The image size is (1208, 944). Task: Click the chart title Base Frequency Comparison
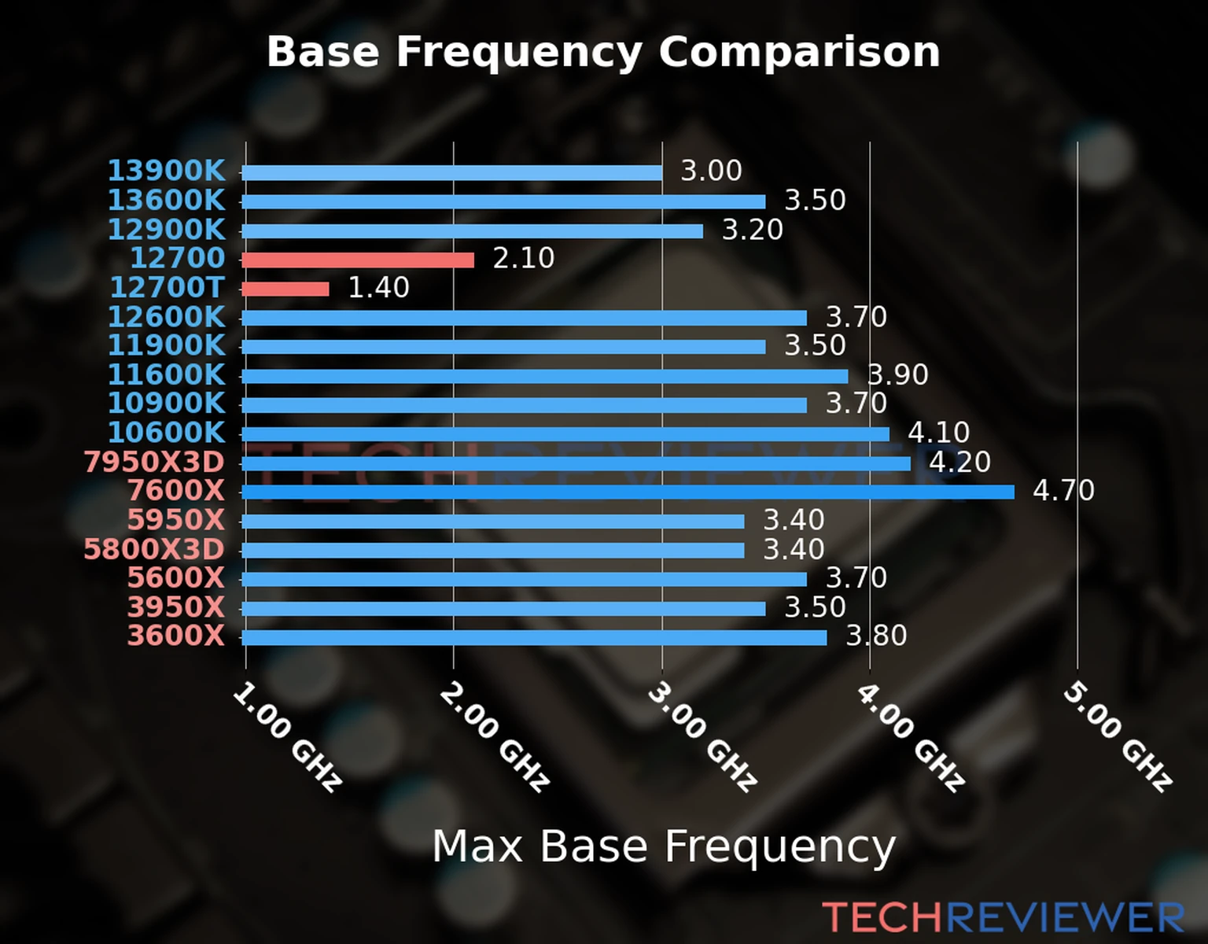603,52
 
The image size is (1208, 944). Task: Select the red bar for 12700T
285,289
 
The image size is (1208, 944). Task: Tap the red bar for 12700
358,260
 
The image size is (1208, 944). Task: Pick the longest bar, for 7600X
628,492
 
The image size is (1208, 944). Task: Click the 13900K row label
166,171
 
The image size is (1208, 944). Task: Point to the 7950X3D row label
154,462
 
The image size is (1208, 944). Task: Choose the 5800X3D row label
154,549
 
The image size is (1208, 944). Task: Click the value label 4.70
1063,491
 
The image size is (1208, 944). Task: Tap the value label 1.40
378,288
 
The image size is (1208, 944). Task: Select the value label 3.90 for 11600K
897,375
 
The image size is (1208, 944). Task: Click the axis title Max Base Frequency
664,846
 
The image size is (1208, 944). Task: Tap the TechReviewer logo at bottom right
1003,917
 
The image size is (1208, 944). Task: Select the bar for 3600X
535,637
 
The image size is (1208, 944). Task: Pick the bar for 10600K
565,433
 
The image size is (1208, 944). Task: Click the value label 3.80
876,636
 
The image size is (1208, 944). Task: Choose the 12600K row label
166,317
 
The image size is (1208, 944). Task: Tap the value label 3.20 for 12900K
753,230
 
